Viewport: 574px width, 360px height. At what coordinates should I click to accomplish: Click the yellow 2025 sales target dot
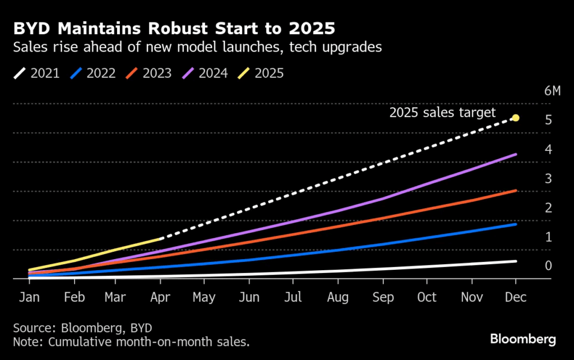coord(516,118)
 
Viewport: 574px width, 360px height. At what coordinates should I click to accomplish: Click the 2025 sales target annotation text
coord(442,113)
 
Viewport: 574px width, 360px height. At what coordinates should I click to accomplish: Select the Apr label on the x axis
coord(161,297)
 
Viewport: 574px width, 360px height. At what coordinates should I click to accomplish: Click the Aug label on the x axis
coord(339,297)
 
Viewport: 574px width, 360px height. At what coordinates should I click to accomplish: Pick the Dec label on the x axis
coord(516,297)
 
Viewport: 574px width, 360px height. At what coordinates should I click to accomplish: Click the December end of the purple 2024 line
coord(515,154)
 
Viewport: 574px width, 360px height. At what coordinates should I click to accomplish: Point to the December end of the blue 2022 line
coord(515,224)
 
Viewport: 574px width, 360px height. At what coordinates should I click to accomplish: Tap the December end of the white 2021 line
coord(515,261)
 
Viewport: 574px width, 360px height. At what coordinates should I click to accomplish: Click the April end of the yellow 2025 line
coord(161,239)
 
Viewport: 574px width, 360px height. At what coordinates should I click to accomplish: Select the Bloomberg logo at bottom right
coord(522,339)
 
